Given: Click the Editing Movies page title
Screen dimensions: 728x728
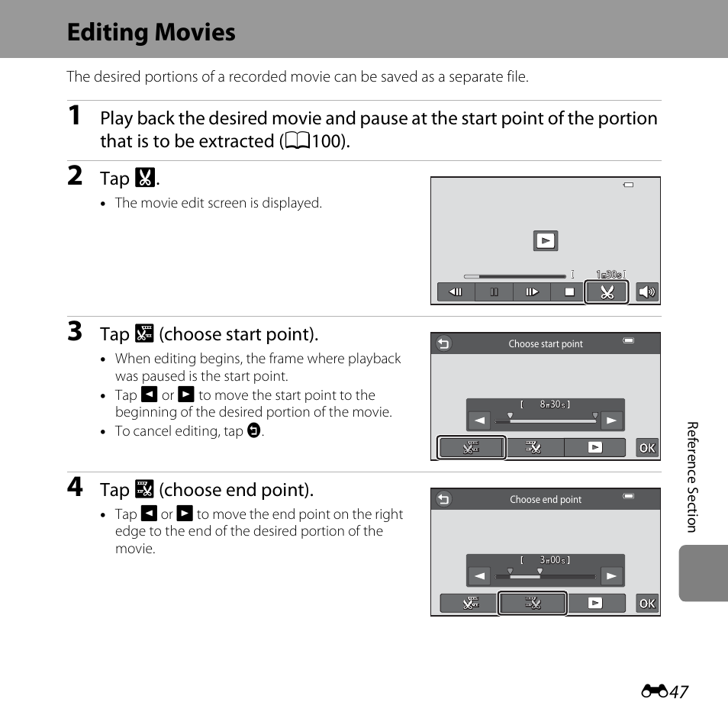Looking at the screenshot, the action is pos(151,33).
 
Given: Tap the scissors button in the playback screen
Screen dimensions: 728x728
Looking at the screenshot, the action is pos(607,292).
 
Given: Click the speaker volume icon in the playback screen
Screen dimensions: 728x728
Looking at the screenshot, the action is pos(647,292).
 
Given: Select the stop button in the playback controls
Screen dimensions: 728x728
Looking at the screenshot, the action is pos(569,292).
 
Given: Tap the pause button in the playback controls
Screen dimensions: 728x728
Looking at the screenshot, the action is pos(494,292).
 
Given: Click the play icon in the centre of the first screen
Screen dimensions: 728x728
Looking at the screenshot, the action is pos(546,240).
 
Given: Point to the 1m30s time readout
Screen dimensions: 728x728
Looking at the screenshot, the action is pos(610,275).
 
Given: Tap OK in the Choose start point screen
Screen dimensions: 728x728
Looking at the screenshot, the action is pos(647,448).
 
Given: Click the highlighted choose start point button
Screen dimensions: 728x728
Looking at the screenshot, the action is pos(472,448).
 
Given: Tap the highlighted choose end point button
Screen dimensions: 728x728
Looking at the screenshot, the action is pos(532,603).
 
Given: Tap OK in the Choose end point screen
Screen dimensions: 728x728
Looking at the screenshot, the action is pos(647,604).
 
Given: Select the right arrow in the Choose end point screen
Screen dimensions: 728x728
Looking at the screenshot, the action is pos(611,576).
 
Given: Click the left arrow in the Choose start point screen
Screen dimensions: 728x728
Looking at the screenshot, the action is pos(479,420).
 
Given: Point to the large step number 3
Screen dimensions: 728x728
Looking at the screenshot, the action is pos(75,331).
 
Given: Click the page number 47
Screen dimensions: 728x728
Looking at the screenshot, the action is pos(678,692).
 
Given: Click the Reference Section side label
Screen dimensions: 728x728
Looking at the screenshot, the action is pos(692,477).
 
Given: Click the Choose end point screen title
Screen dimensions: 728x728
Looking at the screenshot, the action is pos(546,500).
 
